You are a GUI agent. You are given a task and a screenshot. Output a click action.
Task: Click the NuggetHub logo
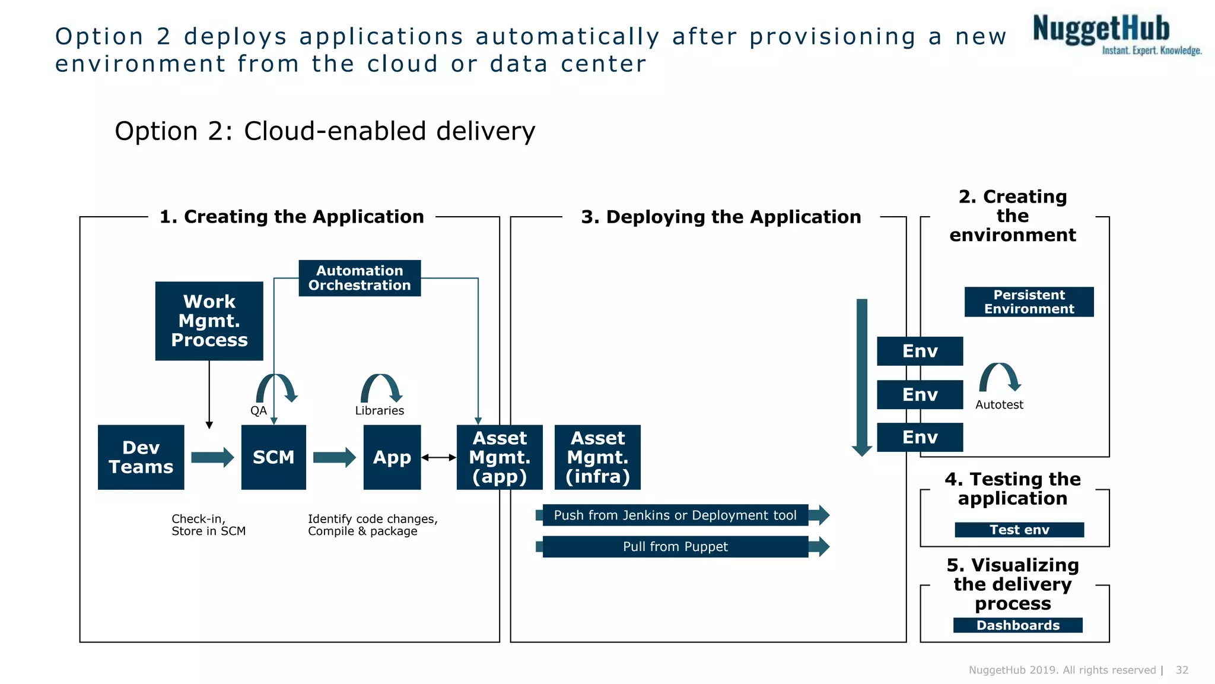(x=1115, y=34)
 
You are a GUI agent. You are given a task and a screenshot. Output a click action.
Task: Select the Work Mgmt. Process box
(x=209, y=321)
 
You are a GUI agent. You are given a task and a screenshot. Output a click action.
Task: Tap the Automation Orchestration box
(x=360, y=278)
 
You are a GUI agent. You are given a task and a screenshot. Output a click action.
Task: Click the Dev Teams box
(x=141, y=457)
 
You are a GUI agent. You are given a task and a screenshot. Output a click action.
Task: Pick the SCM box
(x=273, y=457)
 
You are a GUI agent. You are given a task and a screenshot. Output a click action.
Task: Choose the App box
(x=392, y=457)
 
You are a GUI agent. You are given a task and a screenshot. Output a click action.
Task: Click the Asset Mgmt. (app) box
(x=500, y=457)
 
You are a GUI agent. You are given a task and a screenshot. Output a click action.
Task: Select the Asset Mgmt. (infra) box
(x=597, y=457)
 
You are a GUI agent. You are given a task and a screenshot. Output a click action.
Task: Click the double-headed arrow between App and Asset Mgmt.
(x=438, y=457)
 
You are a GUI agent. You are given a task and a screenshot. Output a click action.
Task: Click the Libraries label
(x=379, y=410)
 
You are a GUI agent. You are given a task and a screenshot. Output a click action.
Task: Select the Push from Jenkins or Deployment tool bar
(x=675, y=515)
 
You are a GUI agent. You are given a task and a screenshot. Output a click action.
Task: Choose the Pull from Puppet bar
(x=675, y=546)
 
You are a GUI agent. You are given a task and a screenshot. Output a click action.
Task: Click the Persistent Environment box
(x=1029, y=302)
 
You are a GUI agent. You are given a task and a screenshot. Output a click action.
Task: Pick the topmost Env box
(x=920, y=351)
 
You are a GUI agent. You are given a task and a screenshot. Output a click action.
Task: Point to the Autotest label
(x=999, y=404)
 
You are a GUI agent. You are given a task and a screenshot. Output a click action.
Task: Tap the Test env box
(x=1019, y=530)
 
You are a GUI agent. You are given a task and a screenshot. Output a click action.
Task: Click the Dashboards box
(x=1017, y=625)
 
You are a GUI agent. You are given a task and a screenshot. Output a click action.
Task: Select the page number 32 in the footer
(x=1182, y=670)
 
